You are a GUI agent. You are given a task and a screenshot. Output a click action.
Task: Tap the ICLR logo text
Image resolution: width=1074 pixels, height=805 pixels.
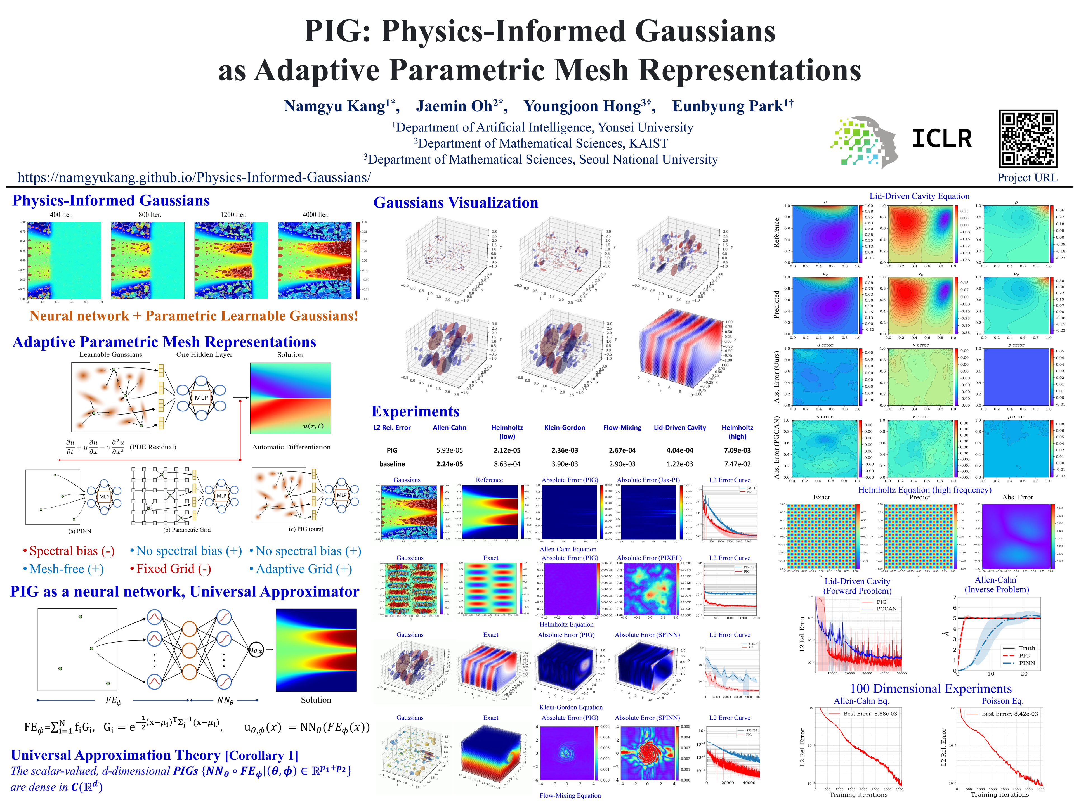point(941,139)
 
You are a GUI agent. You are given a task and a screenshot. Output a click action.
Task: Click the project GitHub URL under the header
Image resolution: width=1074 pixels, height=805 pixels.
point(194,177)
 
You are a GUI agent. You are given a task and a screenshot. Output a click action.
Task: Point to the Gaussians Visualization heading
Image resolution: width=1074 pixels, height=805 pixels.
point(455,203)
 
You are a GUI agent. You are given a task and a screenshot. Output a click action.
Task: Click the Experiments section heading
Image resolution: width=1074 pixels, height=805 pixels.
point(415,411)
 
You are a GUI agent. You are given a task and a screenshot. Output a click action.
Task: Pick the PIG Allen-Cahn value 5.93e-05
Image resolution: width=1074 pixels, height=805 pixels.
point(450,450)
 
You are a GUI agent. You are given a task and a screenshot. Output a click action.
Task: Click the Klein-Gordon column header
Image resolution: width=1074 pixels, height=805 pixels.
point(565,427)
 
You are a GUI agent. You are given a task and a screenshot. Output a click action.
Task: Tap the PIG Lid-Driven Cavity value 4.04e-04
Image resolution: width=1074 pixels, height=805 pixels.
point(680,450)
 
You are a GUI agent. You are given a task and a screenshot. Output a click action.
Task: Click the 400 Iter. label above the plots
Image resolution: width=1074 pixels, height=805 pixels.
point(61,214)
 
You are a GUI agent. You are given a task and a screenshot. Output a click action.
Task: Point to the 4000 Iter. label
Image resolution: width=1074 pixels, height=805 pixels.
point(316,214)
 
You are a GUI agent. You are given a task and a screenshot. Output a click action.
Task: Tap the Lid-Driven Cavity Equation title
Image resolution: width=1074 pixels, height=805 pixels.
point(919,196)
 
